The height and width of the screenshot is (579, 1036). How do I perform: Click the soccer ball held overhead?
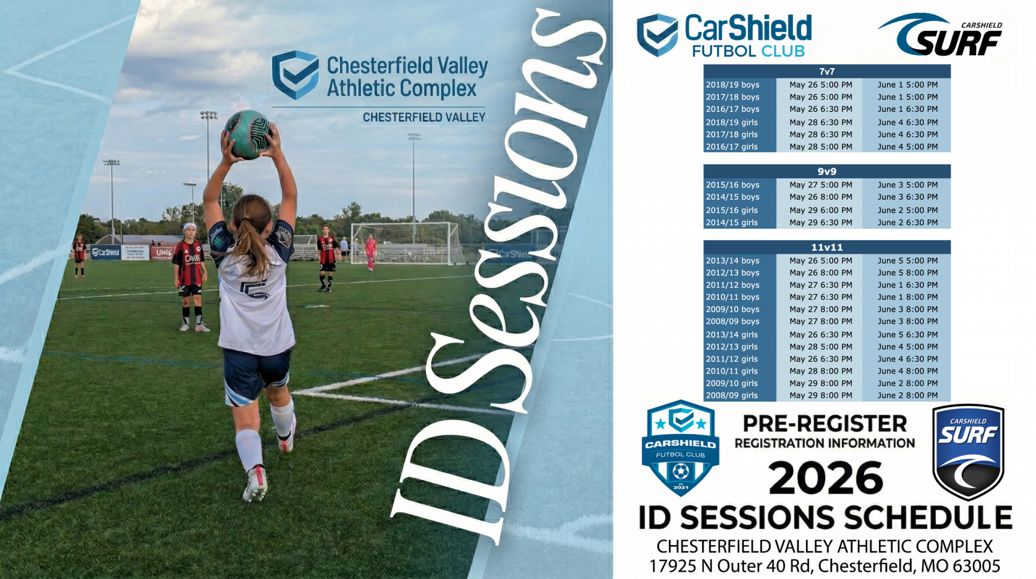pyautogui.click(x=248, y=134)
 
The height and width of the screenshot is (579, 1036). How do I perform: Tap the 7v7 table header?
pyautogui.click(x=827, y=71)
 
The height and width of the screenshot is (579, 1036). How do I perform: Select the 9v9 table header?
pyautogui.click(x=827, y=171)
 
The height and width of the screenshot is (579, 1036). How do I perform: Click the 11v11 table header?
pyautogui.click(x=827, y=247)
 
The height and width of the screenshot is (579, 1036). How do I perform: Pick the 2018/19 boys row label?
pyautogui.click(x=732, y=85)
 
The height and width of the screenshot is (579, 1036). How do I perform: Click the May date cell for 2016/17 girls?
pyautogui.click(x=821, y=147)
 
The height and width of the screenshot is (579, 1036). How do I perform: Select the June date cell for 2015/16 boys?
pyautogui.click(x=908, y=185)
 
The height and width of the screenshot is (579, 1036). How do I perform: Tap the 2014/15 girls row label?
pyautogui.click(x=732, y=223)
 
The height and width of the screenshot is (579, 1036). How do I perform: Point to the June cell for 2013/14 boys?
pyautogui.click(x=908, y=260)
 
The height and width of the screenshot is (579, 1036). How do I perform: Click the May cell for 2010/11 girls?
pyautogui.click(x=821, y=371)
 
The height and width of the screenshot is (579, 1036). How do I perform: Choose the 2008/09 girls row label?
pyautogui.click(x=732, y=395)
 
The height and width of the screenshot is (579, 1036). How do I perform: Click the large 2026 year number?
pyautogui.click(x=826, y=479)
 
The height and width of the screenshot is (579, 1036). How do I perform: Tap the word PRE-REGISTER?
pyautogui.click(x=824, y=424)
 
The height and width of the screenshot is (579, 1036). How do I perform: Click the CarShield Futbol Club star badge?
pyautogui.click(x=680, y=448)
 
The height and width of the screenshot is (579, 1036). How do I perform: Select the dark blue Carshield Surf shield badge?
pyautogui.click(x=968, y=452)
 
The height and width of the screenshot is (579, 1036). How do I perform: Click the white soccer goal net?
pyautogui.click(x=404, y=243)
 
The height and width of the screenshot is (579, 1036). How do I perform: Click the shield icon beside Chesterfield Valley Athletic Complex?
pyautogui.click(x=295, y=75)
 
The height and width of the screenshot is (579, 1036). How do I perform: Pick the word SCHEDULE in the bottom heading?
pyautogui.click(x=928, y=517)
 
